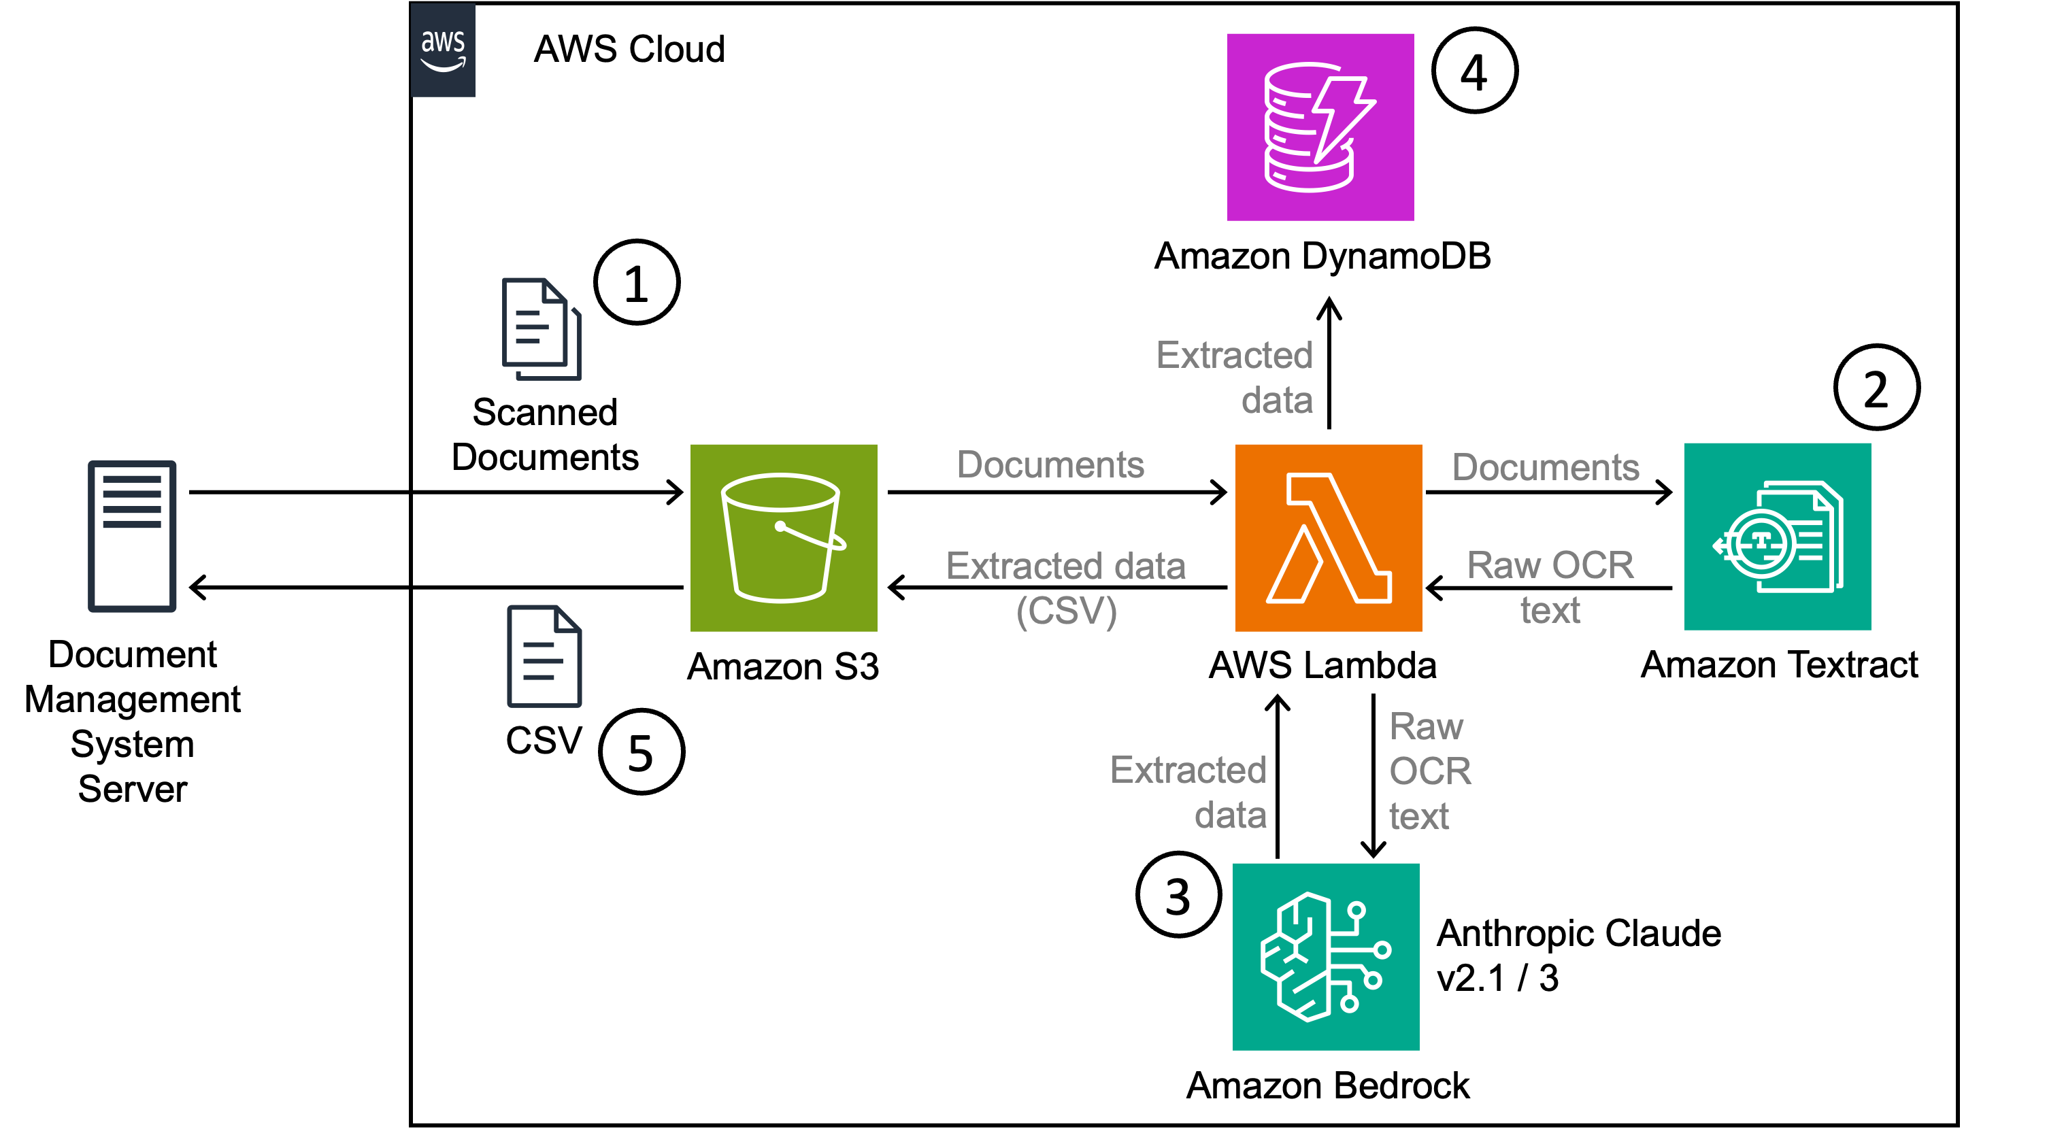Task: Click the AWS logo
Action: [x=443, y=50]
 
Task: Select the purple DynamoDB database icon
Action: [x=1320, y=126]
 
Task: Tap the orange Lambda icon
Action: [x=1328, y=537]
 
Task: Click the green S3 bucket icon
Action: [x=783, y=537]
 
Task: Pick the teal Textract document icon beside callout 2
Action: [x=1776, y=537]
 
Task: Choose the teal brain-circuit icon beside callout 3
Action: [x=1325, y=956]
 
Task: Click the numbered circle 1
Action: [x=636, y=283]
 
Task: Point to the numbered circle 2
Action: [x=1876, y=388]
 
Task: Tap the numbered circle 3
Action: [x=1178, y=895]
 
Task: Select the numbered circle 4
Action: [x=1474, y=71]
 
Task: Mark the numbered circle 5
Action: [x=641, y=752]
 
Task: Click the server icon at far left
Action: [x=132, y=536]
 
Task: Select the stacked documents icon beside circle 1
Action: [x=541, y=328]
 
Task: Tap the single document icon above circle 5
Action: [x=544, y=656]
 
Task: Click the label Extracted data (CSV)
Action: [x=1065, y=588]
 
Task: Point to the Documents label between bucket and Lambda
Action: [x=1050, y=465]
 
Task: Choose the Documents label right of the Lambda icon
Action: [x=1545, y=467]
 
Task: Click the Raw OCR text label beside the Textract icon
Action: [x=1550, y=587]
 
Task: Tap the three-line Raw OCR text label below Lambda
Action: [x=1429, y=771]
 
